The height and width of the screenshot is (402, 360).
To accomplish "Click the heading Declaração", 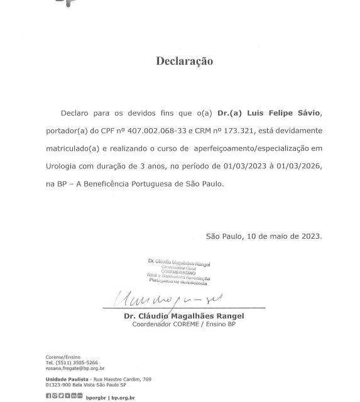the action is (x=184, y=62).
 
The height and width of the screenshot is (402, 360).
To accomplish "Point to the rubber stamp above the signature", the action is (x=179, y=271).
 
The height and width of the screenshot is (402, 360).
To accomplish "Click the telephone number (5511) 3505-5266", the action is (x=80, y=362).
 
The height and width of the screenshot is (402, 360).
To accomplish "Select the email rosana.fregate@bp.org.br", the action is (x=74, y=369).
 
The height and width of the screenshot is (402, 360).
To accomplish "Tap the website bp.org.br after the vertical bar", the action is (x=123, y=397).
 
